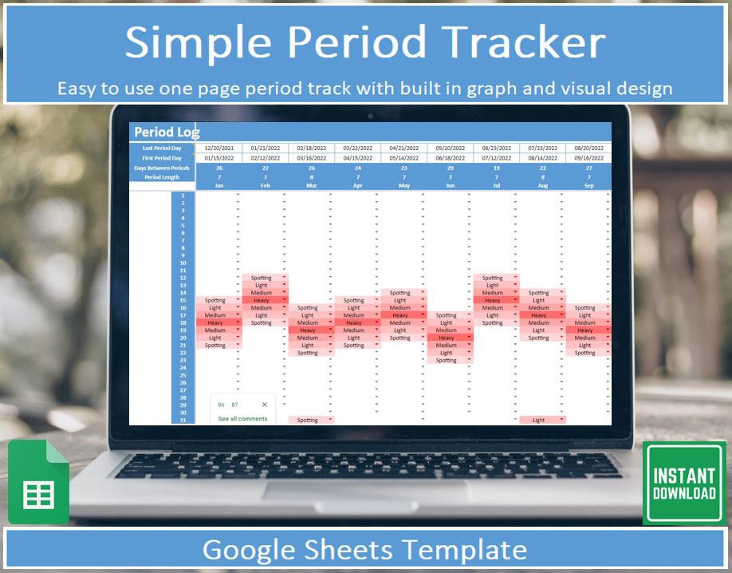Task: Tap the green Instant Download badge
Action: click(683, 483)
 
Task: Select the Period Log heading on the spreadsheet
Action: click(167, 132)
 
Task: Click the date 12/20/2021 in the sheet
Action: click(218, 148)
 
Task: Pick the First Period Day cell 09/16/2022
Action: click(588, 158)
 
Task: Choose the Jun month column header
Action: click(450, 185)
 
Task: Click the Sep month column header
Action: click(588, 185)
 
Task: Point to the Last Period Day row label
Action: click(162, 148)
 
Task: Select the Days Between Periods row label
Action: click(162, 168)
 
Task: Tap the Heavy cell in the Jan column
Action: click(215, 322)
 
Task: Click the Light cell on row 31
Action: click(540, 420)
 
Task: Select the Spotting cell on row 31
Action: click(308, 420)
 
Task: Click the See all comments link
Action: click(242, 419)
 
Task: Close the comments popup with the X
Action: click(265, 405)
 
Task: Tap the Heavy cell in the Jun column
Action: click(447, 338)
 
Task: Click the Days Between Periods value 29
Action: click(450, 168)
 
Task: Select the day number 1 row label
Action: click(183, 196)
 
